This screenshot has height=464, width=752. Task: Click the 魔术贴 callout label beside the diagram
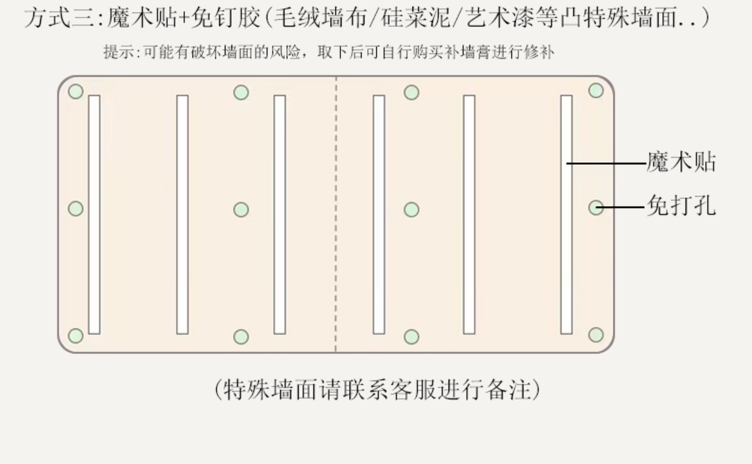(681, 162)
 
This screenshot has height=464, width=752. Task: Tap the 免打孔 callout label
(681, 206)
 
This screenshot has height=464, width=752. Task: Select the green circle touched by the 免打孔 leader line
(596, 208)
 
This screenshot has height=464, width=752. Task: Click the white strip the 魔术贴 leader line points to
(566, 214)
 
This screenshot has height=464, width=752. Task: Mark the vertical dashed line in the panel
(336, 214)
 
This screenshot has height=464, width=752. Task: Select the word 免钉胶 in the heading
(226, 18)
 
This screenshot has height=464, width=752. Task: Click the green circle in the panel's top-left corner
(76, 91)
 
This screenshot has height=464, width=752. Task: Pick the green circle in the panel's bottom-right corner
(596, 334)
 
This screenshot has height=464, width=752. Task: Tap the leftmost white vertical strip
(94, 214)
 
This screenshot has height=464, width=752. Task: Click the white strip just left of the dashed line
(280, 214)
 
